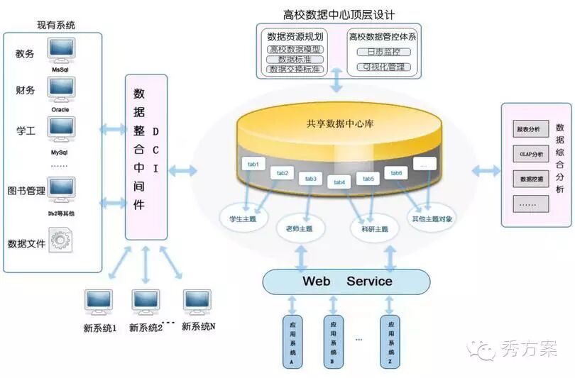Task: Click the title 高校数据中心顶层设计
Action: (x=339, y=13)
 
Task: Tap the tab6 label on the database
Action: (x=395, y=173)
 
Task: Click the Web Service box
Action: (x=346, y=282)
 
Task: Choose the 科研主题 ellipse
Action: (x=371, y=228)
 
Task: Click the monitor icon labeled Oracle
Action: (x=62, y=88)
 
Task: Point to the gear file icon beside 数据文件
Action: (x=61, y=240)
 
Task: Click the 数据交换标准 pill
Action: (x=295, y=70)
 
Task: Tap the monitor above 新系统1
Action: (x=98, y=302)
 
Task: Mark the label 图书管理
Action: (x=26, y=191)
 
